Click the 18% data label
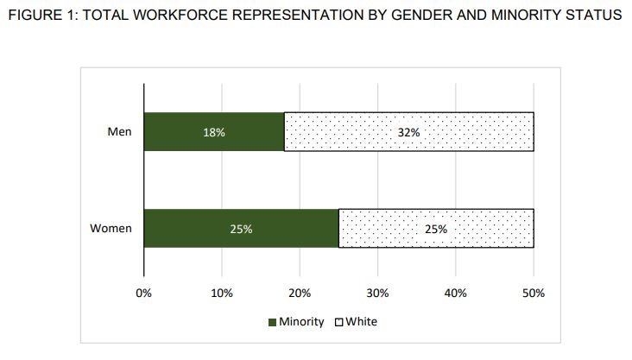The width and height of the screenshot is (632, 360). [x=214, y=132]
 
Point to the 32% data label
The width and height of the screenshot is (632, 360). [x=408, y=132]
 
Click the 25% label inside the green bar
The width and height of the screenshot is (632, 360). [x=241, y=229]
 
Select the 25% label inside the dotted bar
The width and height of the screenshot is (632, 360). [x=436, y=229]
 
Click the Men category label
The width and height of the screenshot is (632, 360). [x=119, y=132]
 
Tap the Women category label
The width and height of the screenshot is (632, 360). [x=111, y=229]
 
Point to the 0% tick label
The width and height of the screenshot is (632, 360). [x=144, y=293]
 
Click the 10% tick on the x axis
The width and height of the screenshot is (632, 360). [x=222, y=293]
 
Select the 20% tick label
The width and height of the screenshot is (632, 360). [x=300, y=293]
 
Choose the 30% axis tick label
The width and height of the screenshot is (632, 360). [x=378, y=293]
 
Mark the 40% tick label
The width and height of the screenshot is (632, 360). [x=456, y=293]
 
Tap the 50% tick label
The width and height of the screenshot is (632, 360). [x=534, y=293]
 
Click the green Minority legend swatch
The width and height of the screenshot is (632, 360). [x=272, y=322]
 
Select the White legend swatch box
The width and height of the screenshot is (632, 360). [x=339, y=322]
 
